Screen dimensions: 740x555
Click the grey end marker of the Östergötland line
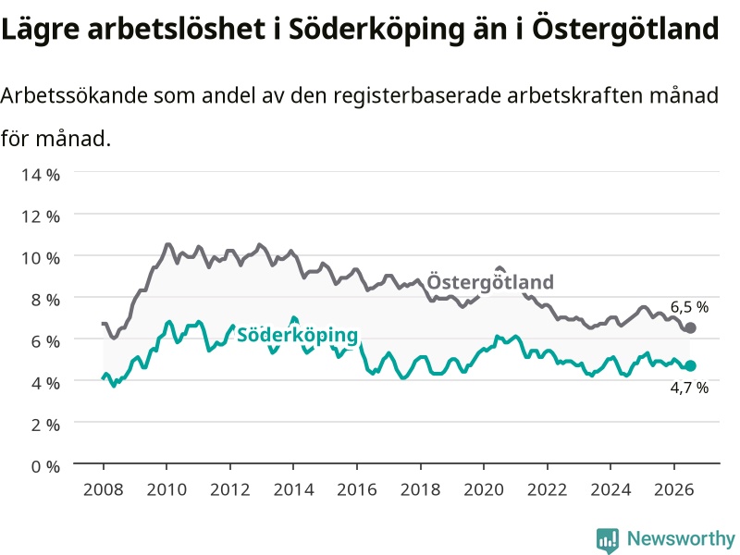coord(690,328)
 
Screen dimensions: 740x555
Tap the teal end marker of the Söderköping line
coord(690,365)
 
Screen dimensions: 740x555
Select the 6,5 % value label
coord(689,307)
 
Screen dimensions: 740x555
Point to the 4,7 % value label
coord(689,388)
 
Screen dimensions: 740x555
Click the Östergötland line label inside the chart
coord(490,283)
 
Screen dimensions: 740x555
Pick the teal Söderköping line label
coord(297,335)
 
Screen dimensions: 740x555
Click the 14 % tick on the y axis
coord(41,175)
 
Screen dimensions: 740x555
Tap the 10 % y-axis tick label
coord(41,258)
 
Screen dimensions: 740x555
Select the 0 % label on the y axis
coord(45,466)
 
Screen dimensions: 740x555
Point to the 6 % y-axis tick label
coord(45,341)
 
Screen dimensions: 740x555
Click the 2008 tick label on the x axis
coord(104,489)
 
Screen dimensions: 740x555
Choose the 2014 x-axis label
coord(293,489)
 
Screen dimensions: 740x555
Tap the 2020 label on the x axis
coord(484,489)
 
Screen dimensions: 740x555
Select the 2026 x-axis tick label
coord(674,489)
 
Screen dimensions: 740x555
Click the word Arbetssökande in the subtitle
coord(74,96)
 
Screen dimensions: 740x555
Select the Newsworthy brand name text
coord(681,538)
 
